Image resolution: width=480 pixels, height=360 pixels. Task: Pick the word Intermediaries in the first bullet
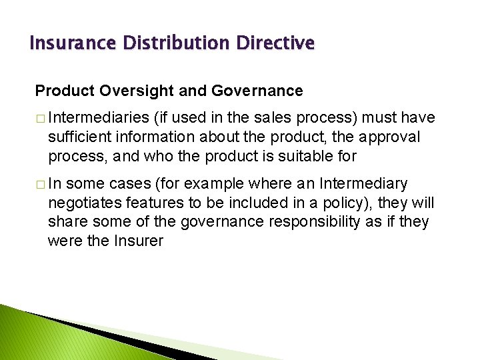click(98, 118)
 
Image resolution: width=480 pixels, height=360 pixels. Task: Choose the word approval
click(392, 137)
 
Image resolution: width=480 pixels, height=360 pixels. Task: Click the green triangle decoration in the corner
click(20, 333)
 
